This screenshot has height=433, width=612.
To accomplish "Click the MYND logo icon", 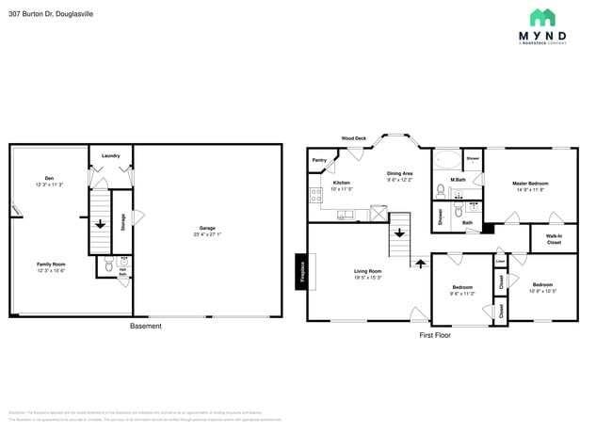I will (541, 17).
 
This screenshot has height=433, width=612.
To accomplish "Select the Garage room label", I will (206, 229).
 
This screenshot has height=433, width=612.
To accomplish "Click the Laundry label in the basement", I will (110, 155).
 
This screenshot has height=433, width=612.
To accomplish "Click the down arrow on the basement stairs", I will (101, 224).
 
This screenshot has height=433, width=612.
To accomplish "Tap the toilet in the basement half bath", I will (108, 268).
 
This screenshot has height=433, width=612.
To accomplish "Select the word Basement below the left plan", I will (145, 326).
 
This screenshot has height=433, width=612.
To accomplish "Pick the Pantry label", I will (319, 161).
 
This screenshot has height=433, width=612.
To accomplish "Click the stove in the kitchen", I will (315, 196).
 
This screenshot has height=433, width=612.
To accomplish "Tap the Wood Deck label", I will (354, 138).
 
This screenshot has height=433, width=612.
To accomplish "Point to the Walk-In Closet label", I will (554, 240).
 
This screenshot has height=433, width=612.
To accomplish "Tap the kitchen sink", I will (346, 215).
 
